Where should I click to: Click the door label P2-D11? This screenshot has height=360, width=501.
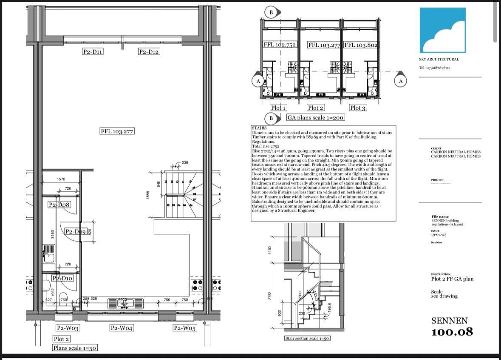point(93,52)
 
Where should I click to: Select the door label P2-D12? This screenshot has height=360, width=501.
point(149,52)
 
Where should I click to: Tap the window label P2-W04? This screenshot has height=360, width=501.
point(122,328)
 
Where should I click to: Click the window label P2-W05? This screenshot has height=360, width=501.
point(184,328)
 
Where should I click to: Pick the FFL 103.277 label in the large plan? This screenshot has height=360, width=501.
point(117,131)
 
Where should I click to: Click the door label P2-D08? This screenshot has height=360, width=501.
point(59,205)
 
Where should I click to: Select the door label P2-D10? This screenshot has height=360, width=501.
point(62,278)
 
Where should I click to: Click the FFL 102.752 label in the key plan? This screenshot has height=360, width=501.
point(280,45)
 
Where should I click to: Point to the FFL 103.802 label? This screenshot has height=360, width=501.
point(361,45)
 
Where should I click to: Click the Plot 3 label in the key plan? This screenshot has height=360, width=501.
point(357,108)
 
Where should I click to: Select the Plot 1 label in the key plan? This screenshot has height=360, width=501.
point(278,108)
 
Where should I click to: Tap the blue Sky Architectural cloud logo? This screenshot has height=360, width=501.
point(442,30)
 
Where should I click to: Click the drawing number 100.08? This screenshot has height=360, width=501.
point(452,332)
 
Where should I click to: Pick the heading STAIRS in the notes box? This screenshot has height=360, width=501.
point(259,128)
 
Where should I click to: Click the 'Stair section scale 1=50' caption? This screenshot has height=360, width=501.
point(307,338)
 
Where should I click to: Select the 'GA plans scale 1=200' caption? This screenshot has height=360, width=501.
point(315,118)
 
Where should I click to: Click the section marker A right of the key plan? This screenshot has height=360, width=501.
point(400,81)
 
